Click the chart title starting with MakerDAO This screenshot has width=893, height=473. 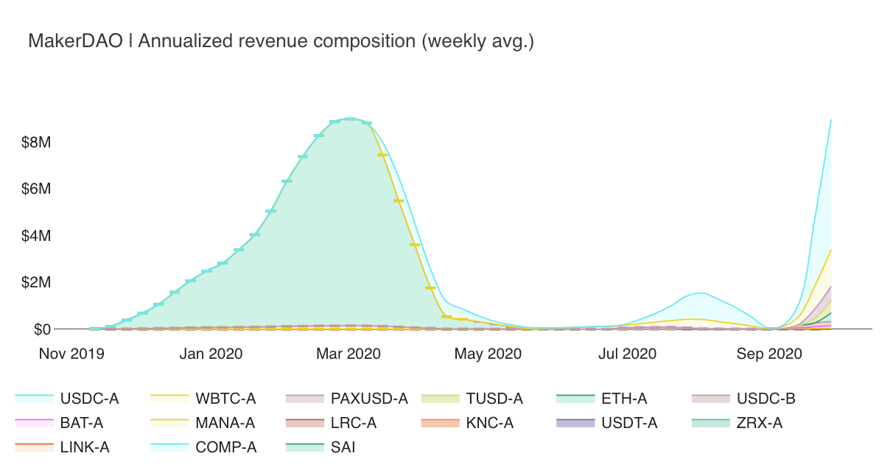click(x=281, y=41)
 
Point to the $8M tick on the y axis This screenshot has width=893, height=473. click(x=36, y=142)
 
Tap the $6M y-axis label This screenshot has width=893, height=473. click(x=36, y=189)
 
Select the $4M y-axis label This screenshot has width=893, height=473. click(x=36, y=236)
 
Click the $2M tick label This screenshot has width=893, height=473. click(x=36, y=283)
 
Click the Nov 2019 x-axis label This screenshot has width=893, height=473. click(x=71, y=354)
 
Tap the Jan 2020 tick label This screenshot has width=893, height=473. click(x=211, y=354)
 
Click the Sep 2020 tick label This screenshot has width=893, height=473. click(x=769, y=354)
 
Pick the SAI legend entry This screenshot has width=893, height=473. click(x=341, y=446)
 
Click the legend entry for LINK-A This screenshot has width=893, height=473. click(x=85, y=446)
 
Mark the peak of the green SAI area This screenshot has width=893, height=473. click(x=351, y=119)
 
